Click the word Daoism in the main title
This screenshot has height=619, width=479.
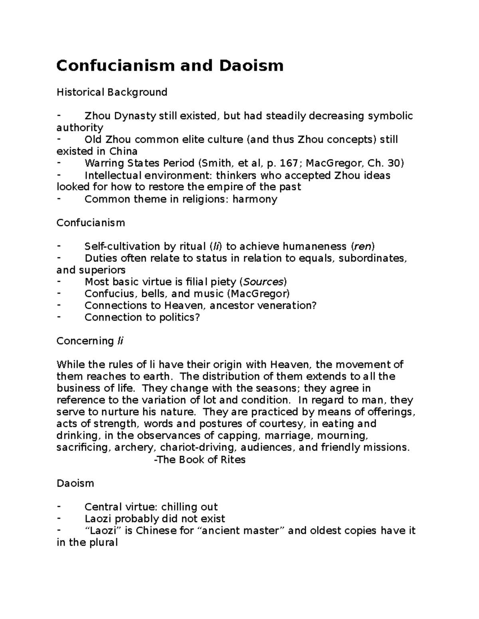251,65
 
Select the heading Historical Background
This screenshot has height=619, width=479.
112,92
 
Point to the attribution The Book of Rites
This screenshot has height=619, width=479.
200,460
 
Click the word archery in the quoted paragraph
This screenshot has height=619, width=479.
133,448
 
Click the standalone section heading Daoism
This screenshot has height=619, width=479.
75,483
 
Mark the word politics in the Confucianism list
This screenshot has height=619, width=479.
179,317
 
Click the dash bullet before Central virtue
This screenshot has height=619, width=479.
59,507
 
